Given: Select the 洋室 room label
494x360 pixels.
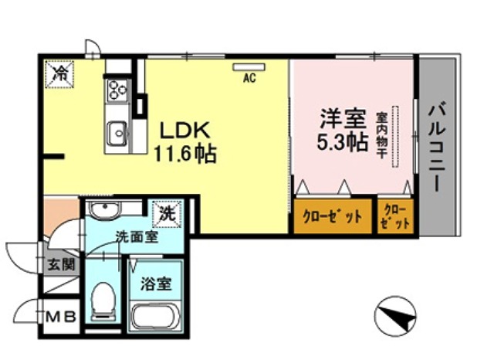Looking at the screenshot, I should [x=342, y=121].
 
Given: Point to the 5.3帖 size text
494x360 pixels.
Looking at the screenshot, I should [x=342, y=144].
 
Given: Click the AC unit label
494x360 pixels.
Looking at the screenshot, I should [x=249, y=77].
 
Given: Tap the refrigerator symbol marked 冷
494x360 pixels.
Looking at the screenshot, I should [x=59, y=74].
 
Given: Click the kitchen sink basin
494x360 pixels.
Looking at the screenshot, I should [x=118, y=134].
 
